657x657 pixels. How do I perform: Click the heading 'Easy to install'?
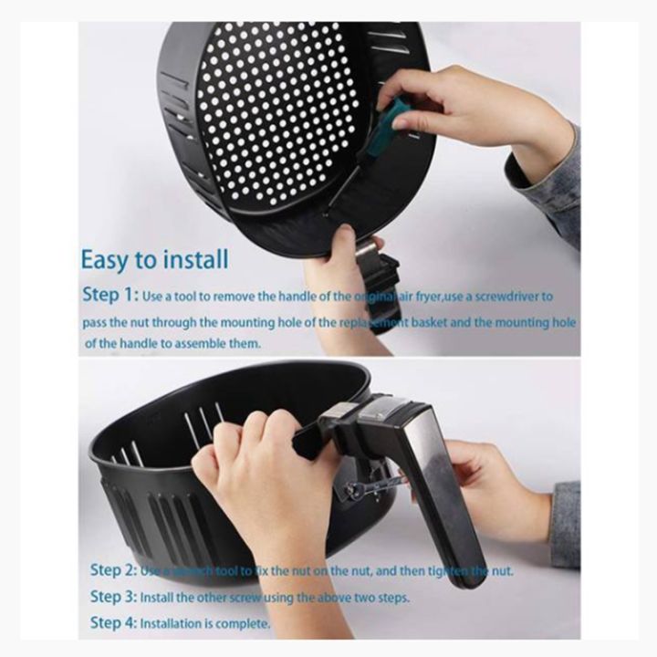pyautogui.click(x=153, y=259)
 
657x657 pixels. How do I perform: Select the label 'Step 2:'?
pyautogui.click(x=113, y=570)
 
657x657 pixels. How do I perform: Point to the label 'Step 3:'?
pyautogui.click(x=113, y=597)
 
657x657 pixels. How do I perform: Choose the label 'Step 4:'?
pyautogui.click(x=113, y=624)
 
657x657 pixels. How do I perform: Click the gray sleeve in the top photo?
pyautogui.click(x=547, y=182)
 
